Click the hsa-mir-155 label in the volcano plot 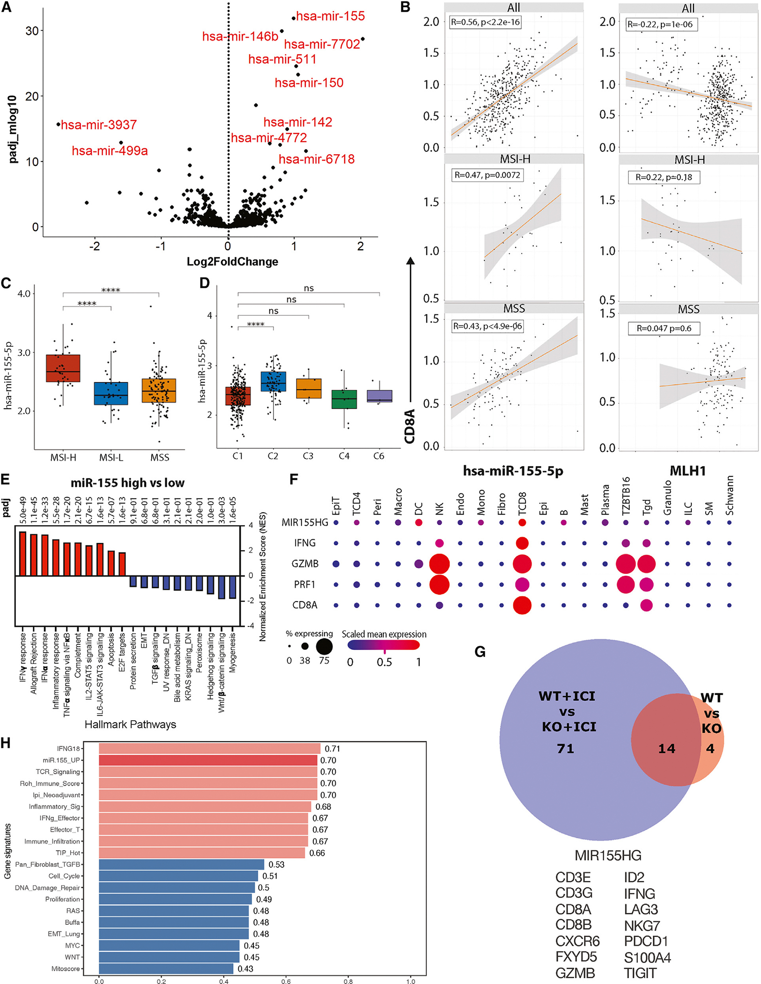[x=330, y=16]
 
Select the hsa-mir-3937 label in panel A [x=99, y=125]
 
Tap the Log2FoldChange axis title [x=232, y=261]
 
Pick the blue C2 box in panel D [x=273, y=381]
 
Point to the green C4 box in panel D [x=344, y=399]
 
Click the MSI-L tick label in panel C [x=111, y=457]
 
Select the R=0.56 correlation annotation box [x=485, y=22]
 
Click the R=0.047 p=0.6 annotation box [x=664, y=328]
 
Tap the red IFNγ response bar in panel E [x=22, y=553]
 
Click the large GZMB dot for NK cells [x=439, y=564]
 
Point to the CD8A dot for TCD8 [x=522, y=605]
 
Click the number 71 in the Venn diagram [x=565, y=749]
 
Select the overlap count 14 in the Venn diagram [x=666, y=749]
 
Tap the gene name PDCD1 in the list [x=646, y=941]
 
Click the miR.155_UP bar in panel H [x=208, y=760]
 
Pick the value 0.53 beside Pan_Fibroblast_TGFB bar [x=277, y=865]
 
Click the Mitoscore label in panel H [x=66, y=969]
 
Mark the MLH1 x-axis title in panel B [x=687, y=471]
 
